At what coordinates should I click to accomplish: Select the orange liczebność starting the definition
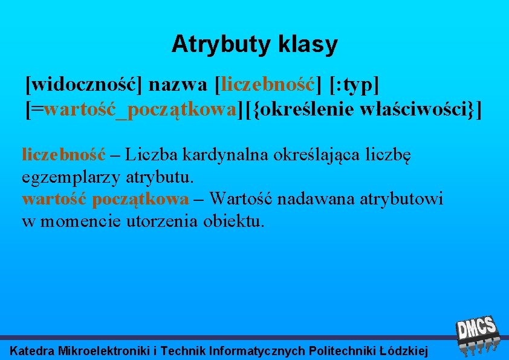[x=63, y=154]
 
